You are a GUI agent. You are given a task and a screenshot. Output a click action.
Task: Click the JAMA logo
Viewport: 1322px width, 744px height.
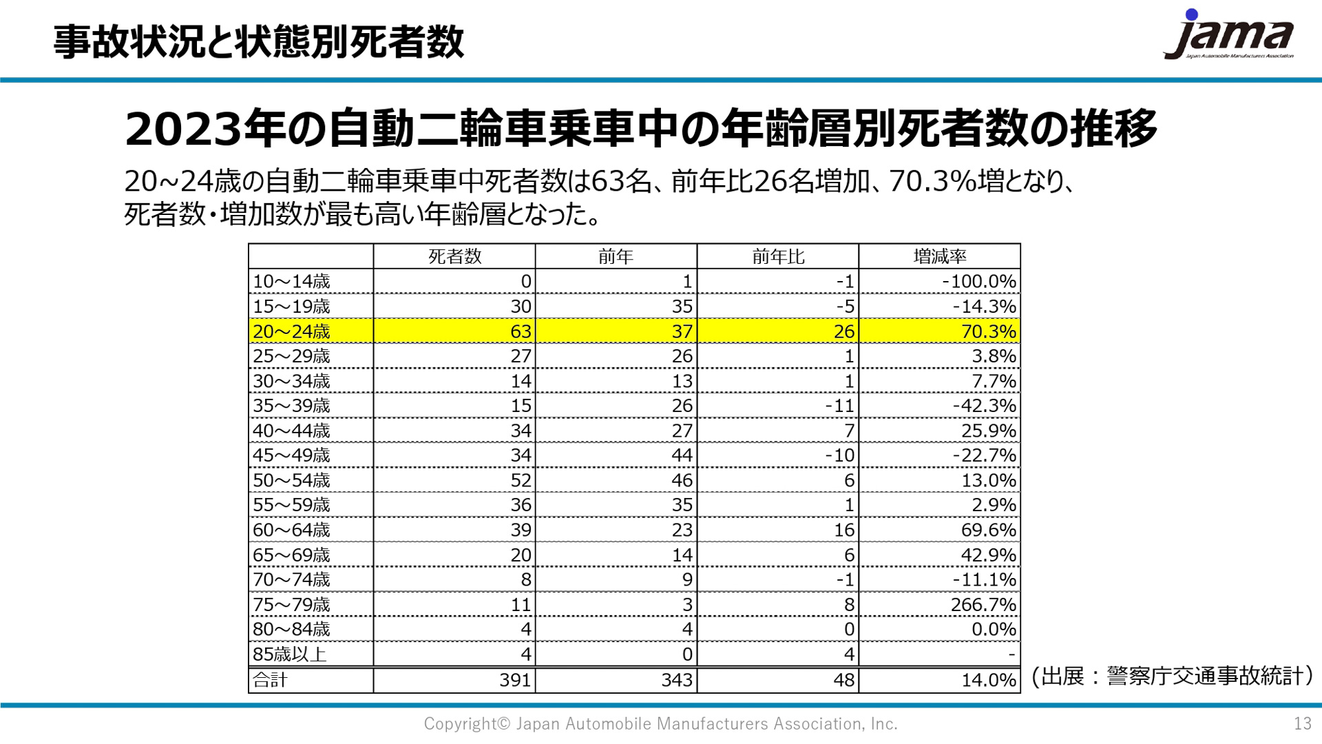pyautogui.click(x=1230, y=36)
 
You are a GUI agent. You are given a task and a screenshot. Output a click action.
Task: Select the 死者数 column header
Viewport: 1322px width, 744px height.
pyautogui.click(x=454, y=257)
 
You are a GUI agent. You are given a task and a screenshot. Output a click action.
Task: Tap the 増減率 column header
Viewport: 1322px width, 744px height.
pyautogui.click(x=939, y=257)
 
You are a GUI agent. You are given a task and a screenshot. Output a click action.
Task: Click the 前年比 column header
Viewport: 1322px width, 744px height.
pyautogui.click(x=778, y=257)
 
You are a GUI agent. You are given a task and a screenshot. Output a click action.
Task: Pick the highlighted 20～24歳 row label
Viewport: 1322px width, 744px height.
pyautogui.click(x=292, y=331)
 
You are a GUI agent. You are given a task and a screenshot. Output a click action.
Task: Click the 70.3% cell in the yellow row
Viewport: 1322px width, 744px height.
pyautogui.click(x=988, y=331)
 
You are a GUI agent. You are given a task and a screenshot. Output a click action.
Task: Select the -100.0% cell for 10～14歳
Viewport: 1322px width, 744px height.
pyautogui.click(x=978, y=282)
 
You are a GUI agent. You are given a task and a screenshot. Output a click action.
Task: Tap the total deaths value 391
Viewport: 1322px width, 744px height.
pyautogui.click(x=515, y=680)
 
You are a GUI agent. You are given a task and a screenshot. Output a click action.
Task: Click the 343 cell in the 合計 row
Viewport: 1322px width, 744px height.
pyautogui.click(x=676, y=680)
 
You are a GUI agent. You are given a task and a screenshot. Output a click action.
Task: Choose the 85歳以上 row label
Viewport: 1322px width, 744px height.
pyautogui.click(x=289, y=654)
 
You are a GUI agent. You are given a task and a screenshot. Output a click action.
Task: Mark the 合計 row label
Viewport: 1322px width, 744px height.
pyautogui.click(x=270, y=680)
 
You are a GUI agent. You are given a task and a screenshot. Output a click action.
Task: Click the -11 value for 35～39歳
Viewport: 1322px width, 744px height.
pyautogui.click(x=839, y=406)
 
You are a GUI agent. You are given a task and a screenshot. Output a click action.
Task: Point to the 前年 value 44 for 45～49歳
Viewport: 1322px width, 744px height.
pyautogui.click(x=682, y=455)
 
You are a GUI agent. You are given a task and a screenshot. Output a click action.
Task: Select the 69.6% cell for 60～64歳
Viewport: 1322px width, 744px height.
pyautogui.click(x=988, y=530)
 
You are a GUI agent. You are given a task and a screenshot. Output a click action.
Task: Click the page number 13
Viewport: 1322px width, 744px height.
pyautogui.click(x=1302, y=723)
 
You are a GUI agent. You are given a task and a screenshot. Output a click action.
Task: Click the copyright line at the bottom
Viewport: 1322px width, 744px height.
pyautogui.click(x=660, y=723)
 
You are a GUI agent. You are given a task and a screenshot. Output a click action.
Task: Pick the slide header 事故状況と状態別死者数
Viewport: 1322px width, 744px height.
pyautogui.click(x=259, y=41)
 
